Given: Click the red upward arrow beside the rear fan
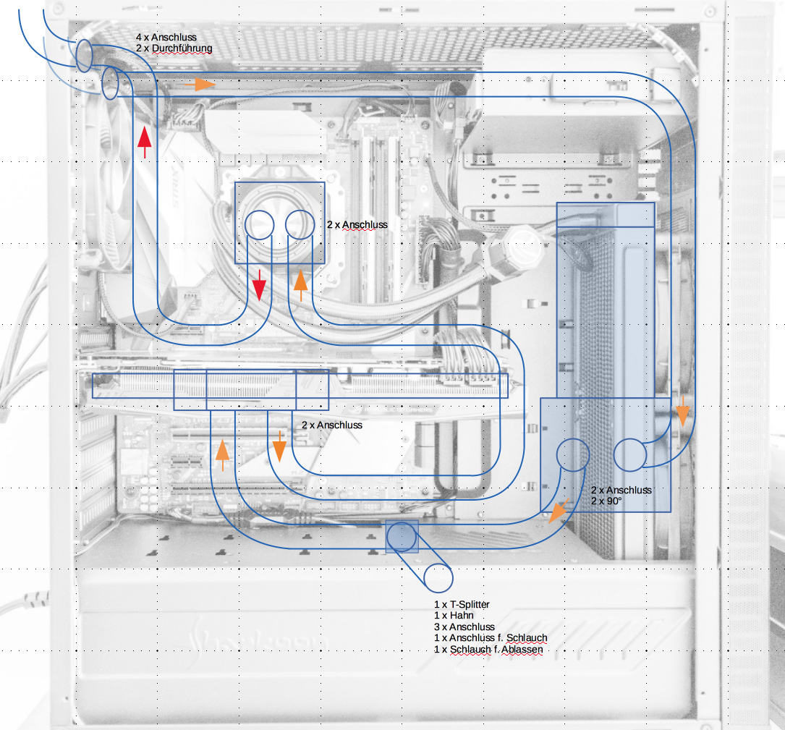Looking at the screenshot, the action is [x=145, y=143].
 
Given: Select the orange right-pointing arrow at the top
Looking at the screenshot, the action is [x=200, y=84].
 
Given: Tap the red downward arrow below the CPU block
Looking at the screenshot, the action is [x=259, y=285].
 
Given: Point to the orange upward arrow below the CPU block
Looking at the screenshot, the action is [x=300, y=285].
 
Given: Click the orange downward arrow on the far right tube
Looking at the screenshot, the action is [x=682, y=411].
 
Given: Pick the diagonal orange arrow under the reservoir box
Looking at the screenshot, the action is [x=559, y=512].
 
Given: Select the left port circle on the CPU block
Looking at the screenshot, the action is [x=259, y=225].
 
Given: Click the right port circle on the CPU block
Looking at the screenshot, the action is [x=300, y=225].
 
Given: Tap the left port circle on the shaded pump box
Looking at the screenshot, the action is [x=573, y=454].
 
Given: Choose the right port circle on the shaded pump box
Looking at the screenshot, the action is [x=629, y=454].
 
